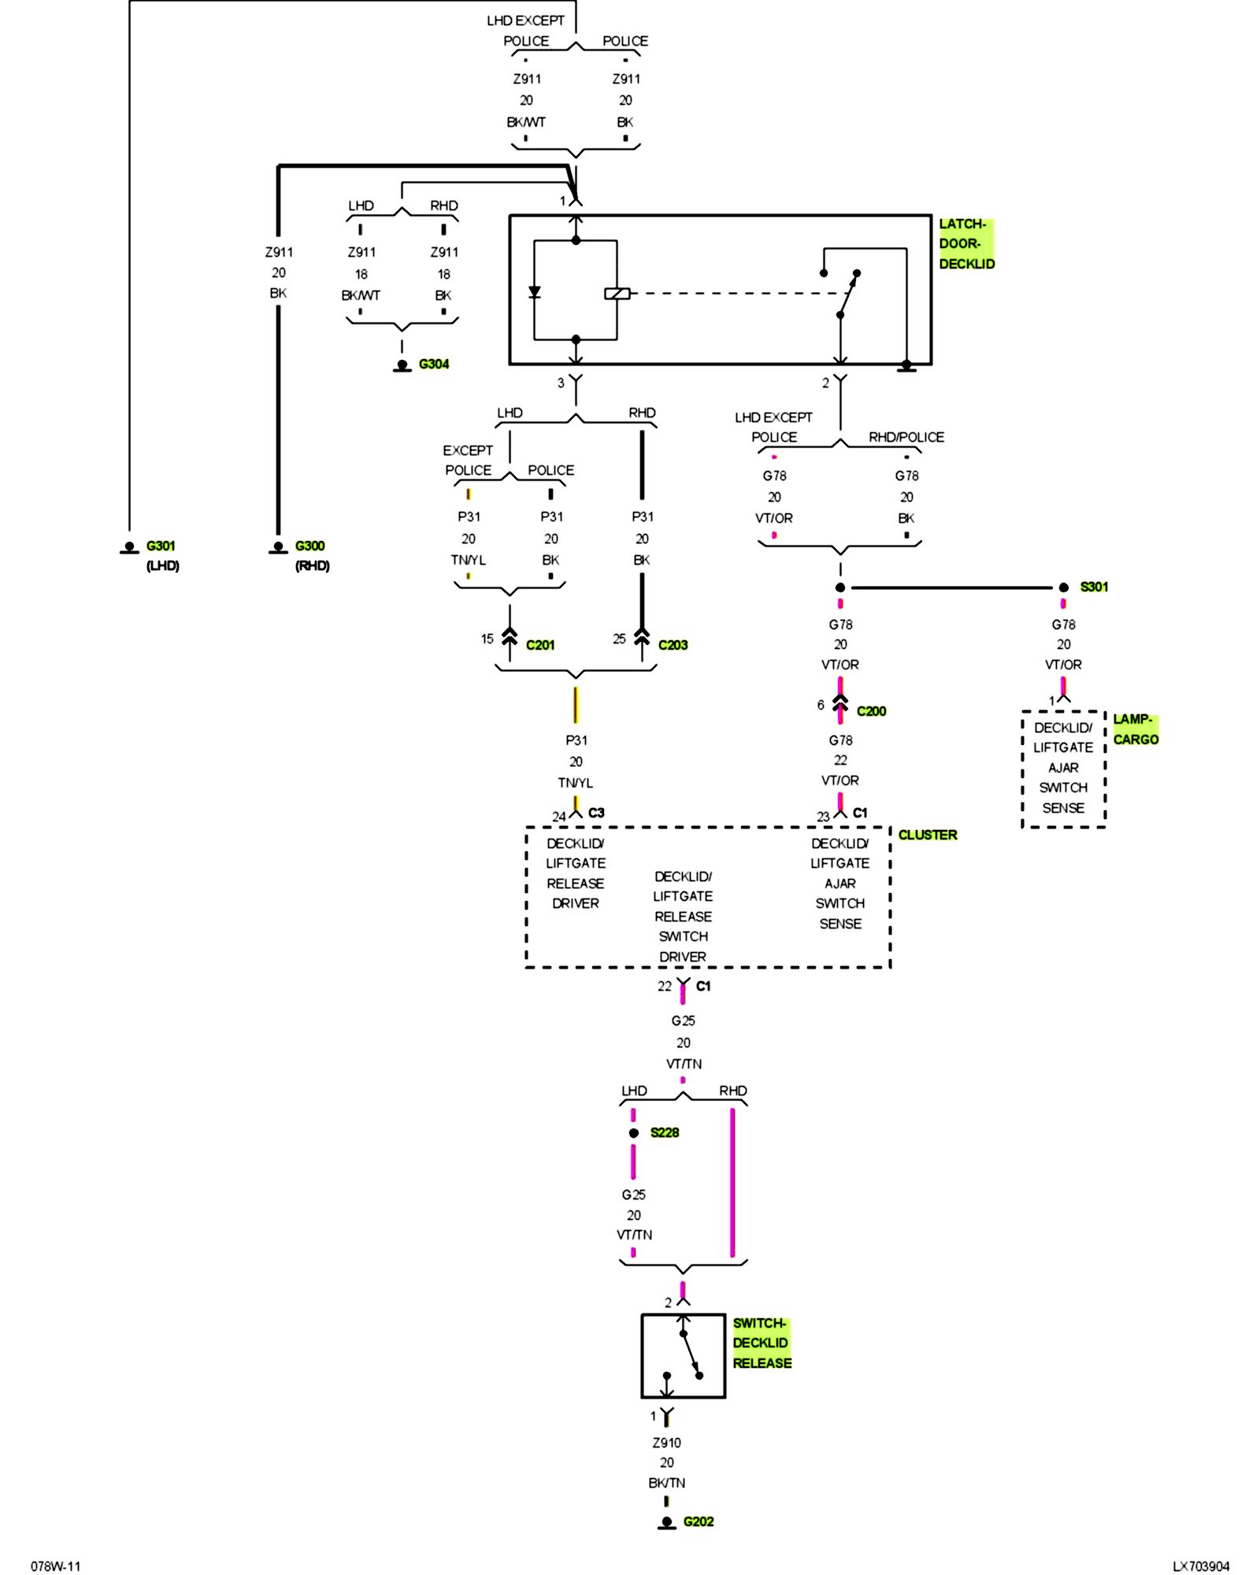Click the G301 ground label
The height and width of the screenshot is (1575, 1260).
pyautogui.click(x=161, y=546)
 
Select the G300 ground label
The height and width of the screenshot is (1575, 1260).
pyautogui.click(x=309, y=546)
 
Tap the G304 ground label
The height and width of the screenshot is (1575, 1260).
pyautogui.click(x=434, y=364)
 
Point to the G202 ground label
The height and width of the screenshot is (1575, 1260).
pyautogui.click(x=699, y=1521)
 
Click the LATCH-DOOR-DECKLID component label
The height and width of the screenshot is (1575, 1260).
pyautogui.click(x=966, y=244)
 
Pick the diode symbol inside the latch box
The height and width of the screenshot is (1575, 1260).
pyautogui.click(x=535, y=292)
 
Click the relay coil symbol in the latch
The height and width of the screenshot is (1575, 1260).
pyautogui.click(x=617, y=294)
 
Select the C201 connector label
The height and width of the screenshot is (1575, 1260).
pyautogui.click(x=540, y=645)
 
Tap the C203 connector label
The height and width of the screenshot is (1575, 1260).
pyautogui.click(x=673, y=645)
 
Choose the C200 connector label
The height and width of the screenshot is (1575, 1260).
pyautogui.click(x=871, y=711)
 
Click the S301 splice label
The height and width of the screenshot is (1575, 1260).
pyautogui.click(x=1094, y=587)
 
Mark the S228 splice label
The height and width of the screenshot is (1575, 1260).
pyautogui.click(x=665, y=1132)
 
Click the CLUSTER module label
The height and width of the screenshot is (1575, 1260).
pyautogui.click(x=928, y=835)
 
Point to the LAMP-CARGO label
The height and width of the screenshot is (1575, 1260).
pyautogui.click(x=1136, y=729)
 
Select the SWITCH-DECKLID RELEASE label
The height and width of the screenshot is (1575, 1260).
pyautogui.click(x=762, y=1343)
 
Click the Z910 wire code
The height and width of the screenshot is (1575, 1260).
pyautogui.click(x=666, y=1443)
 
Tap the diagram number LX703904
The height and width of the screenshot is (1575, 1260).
pyautogui.click(x=1201, y=1566)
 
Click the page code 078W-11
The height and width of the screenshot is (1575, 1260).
pyautogui.click(x=55, y=1566)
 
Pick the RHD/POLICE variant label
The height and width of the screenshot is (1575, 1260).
pyautogui.click(x=906, y=437)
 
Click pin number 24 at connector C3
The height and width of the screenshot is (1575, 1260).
pyautogui.click(x=558, y=817)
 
